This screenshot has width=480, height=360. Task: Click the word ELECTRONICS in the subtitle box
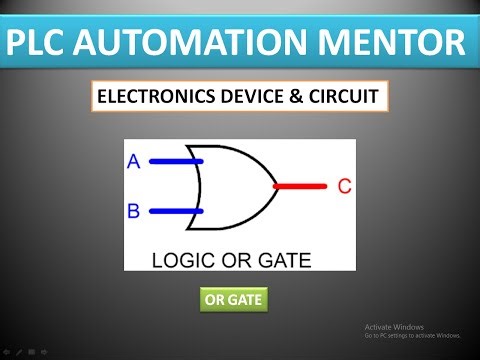point(150,99)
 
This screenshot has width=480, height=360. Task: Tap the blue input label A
point(134,161)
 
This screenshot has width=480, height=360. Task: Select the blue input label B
point(134,212)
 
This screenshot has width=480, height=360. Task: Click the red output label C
point(344,186)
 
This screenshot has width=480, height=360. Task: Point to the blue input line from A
point(176,160)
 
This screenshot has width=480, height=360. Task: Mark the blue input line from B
point(176,212)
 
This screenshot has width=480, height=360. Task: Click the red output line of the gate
point(301,186)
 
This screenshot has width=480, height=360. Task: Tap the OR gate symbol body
point(236,186)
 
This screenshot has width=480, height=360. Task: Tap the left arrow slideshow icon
point(6,351)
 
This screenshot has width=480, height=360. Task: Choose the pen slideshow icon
point(19,351)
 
